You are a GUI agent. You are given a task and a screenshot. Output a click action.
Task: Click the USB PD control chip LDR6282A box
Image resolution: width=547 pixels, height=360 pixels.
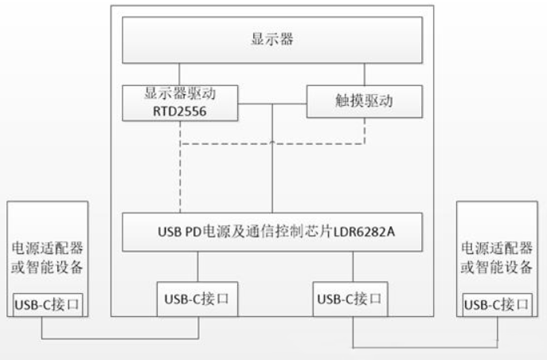tap(270, 232)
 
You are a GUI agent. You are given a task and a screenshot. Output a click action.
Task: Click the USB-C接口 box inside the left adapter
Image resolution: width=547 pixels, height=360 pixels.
tap(48, 303)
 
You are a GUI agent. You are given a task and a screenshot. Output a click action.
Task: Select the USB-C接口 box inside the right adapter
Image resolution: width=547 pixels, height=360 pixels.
tap(497, 304)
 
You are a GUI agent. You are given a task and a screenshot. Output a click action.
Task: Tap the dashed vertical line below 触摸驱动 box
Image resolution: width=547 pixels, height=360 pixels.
tap(365, 133)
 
